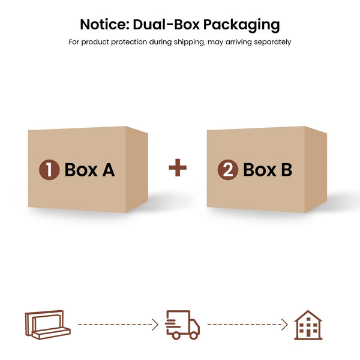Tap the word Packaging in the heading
pyautogui.click(x=242, y=25)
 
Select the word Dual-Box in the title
pyautogui.click(x=166, y=25)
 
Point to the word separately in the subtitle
pyautogui.click(x=272, y=43)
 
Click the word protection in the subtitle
pyautogui.click(x=129, y=42)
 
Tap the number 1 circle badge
pyautogui.click(x=49, y=170)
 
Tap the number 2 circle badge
pyautogui.click(x=228, y=170)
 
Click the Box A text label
pyautogui.click(x=89, y=170)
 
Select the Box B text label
pyautogui.click(x=268, y=170)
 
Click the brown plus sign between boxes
pyautogui.click(x=178, y=167)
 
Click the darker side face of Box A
pyautogui.click(x=137, y=169)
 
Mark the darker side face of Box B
pyautogui.click(x=316, y=169)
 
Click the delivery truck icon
pyautogui.click(x=182, y=325)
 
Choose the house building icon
pyautogui.click(x=308, y=325)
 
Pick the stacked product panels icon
pyautogui.click(x=48, y=325)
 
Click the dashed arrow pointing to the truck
pyautogui.click(x=118, y=325)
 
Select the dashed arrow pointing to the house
pyautogui.click(x=247, y=325)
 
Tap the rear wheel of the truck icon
pyautogui.click(x=176, y=335)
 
